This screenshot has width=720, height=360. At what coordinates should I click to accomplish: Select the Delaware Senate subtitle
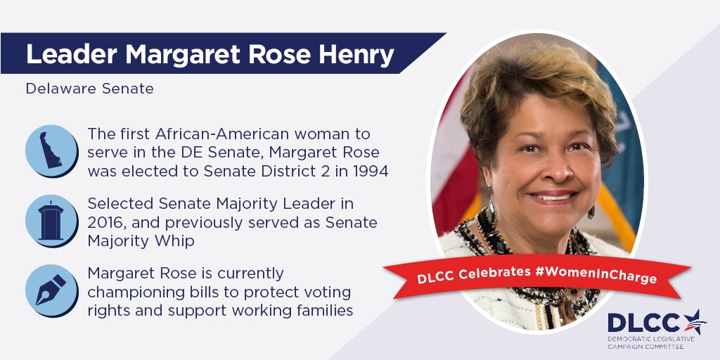pyautogui.click(x=89, y=89)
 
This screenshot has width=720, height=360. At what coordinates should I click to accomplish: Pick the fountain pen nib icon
pyautogui.click(x=51, y=290)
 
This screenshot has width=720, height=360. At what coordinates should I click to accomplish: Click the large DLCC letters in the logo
pyautogui.click(x=645, y=323)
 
